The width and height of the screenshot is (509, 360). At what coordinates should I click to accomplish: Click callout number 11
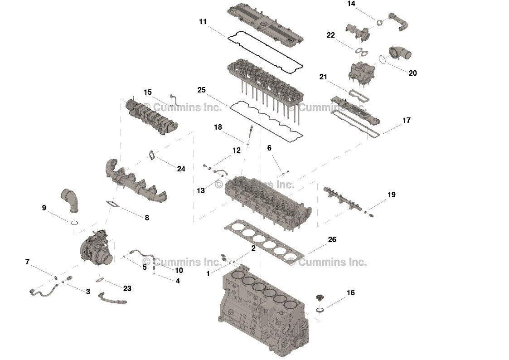click(203, 21)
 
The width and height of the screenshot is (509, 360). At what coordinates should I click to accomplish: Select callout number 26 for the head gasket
click(332, 239)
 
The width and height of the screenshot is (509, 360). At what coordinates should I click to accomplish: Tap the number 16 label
click(350, 292)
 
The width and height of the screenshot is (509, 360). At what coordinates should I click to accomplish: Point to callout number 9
click(44, 208)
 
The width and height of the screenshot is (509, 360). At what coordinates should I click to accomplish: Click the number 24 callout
click(181, 169)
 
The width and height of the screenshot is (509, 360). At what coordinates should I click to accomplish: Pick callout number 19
click(391, 195)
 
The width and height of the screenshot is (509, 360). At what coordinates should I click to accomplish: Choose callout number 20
click(412, 73)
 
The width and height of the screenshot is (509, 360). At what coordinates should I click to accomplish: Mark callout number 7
click(27, 262)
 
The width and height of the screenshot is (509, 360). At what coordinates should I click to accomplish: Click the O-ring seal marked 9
click(75, 223)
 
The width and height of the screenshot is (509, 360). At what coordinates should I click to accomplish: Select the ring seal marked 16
click(320, 310)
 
